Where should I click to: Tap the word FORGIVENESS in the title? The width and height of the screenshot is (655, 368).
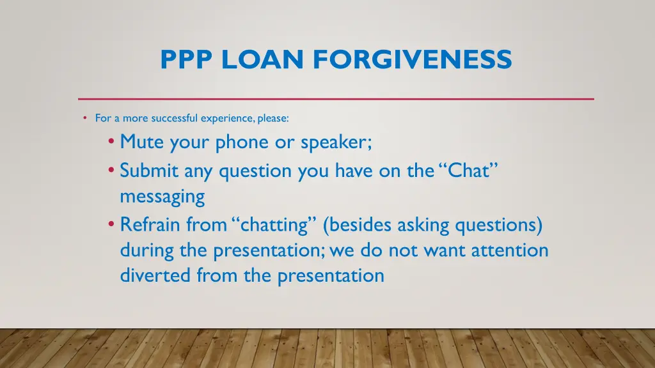(413, 60)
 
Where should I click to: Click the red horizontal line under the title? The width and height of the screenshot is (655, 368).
(336, 99)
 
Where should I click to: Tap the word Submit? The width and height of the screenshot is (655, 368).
(150, 171)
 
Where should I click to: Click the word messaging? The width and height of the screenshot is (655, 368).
(162, 197)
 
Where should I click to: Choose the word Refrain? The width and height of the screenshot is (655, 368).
(150, 225)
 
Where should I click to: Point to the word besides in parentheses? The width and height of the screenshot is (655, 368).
(359, 225)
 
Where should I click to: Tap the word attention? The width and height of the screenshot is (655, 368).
(510, 250)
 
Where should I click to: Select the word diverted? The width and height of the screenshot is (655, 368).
(155, 275)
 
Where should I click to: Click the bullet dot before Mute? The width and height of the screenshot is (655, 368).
(113, 142)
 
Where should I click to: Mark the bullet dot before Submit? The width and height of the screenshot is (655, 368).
(113, 171)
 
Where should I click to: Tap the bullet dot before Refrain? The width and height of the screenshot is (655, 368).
(113, 224)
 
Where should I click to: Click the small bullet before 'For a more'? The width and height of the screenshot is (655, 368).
(85, 118)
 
